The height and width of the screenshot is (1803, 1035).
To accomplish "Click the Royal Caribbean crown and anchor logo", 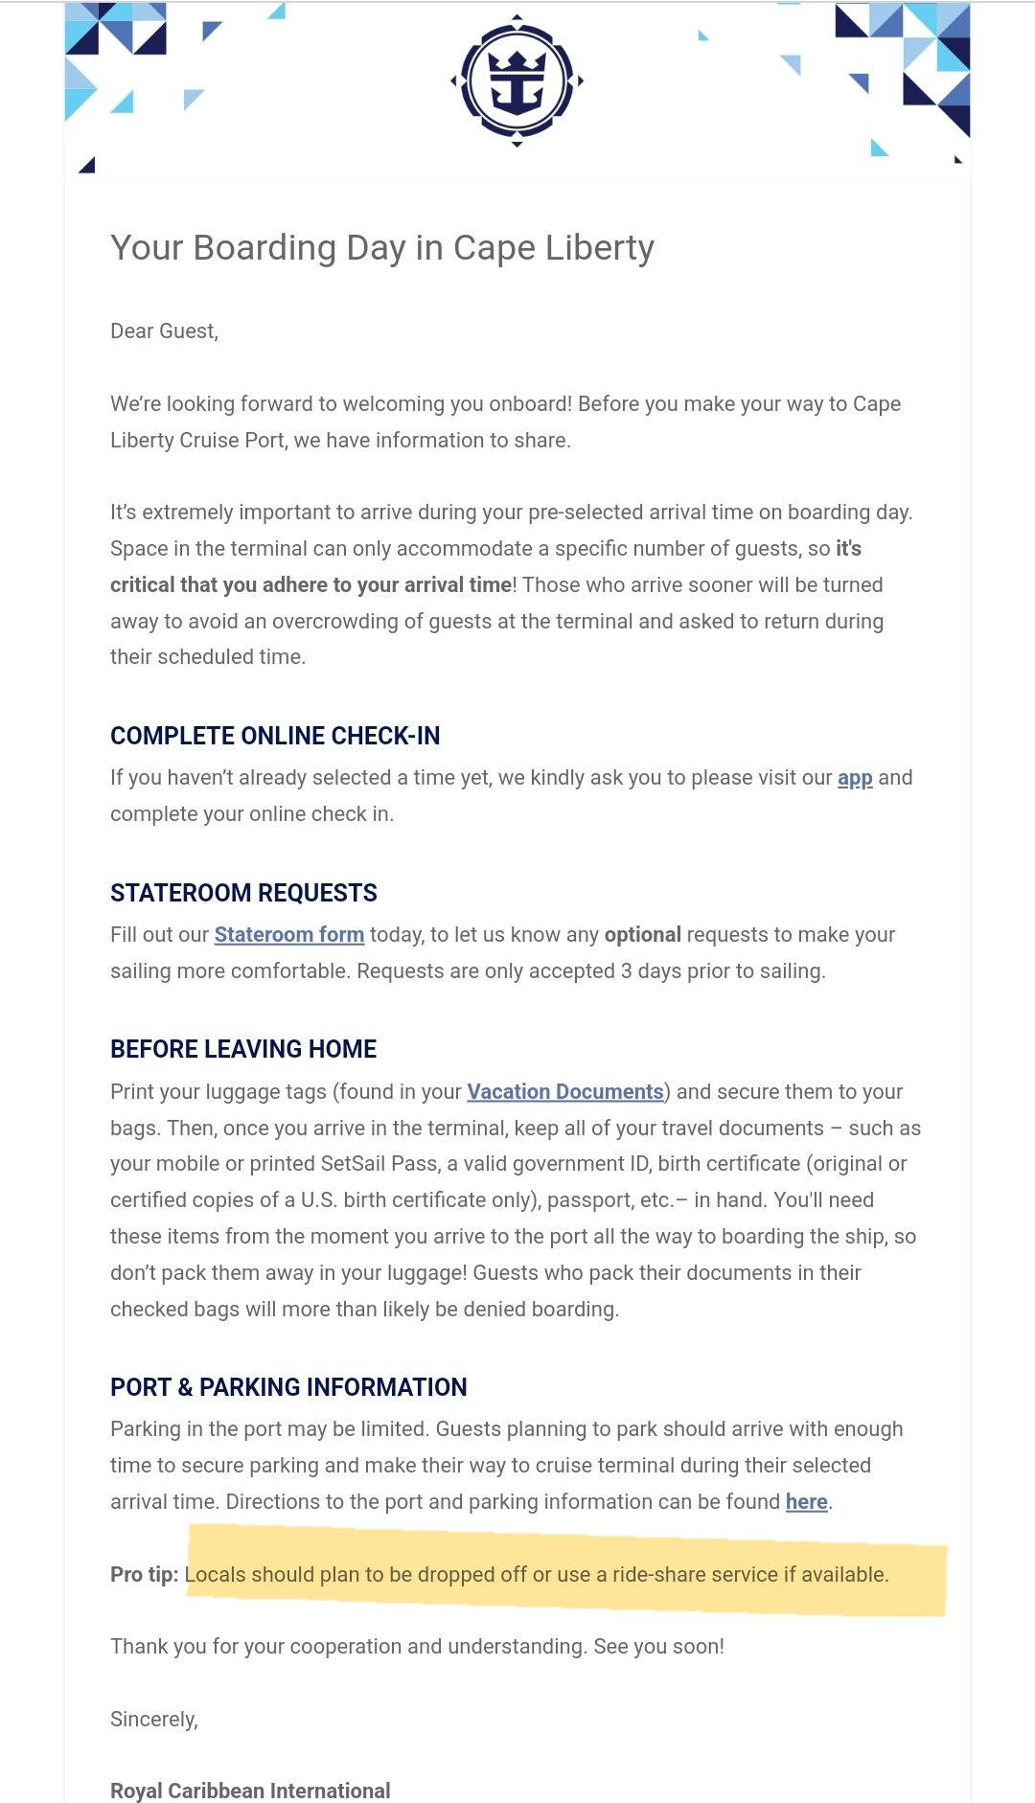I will [517, 80].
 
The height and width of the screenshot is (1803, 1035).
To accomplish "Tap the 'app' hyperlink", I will [855, 777].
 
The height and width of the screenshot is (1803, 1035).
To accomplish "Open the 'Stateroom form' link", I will [288, 934].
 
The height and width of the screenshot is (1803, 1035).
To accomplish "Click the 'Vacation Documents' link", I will [565, 1091].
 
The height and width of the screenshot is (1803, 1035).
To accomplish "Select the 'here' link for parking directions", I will [806, 1501].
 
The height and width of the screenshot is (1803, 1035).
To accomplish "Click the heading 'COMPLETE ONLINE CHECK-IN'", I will [275, 736].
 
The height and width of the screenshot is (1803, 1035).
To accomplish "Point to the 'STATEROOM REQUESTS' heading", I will [243, 893].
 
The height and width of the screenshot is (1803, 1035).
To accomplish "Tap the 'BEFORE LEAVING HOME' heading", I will [243, 1049].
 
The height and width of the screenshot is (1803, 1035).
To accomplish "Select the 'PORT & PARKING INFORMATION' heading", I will [288, 1387].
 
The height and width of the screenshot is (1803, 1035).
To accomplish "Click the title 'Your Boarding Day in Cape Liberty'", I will [381, 248].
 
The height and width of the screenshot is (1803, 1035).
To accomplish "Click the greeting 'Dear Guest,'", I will [164, 331].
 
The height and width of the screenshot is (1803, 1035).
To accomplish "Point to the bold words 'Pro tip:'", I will [144, 1574].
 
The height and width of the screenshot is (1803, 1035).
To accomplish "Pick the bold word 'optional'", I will [642, 934].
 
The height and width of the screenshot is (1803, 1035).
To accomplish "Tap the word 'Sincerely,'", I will [153, 1720].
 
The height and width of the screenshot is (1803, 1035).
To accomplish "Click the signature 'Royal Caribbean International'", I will [250, 1791].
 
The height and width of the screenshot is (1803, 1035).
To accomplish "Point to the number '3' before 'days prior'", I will [626, 971].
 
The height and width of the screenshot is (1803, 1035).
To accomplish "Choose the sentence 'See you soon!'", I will [658, 1647].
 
